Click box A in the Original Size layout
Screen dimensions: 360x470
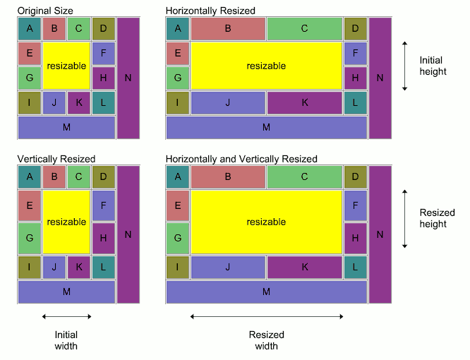[30, 28]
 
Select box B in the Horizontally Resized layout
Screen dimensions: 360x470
[228, 28]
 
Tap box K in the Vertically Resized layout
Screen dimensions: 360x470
[79, 267]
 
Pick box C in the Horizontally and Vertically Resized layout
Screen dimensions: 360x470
[304, 176]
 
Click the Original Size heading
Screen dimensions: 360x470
[44, 11]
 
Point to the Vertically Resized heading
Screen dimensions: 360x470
[56, 159]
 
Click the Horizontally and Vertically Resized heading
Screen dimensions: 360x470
[241, 159]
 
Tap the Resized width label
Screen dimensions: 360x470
[267, 340]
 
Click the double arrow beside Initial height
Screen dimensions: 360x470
[405, 66]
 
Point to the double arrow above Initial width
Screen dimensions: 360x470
[66, 316]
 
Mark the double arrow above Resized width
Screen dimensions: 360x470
[267, 316]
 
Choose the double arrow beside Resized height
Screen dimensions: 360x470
[405, 218]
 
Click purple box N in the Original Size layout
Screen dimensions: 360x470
[128, 78]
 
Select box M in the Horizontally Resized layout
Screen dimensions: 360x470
[266, 127]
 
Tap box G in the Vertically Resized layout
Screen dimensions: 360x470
[30, 239]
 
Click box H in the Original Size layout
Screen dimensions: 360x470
[103, 78]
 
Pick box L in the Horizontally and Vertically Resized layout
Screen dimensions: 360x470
[356, 267]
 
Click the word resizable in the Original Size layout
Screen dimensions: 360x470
[66, 66]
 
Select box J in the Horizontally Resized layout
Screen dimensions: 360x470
[228, 102]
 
